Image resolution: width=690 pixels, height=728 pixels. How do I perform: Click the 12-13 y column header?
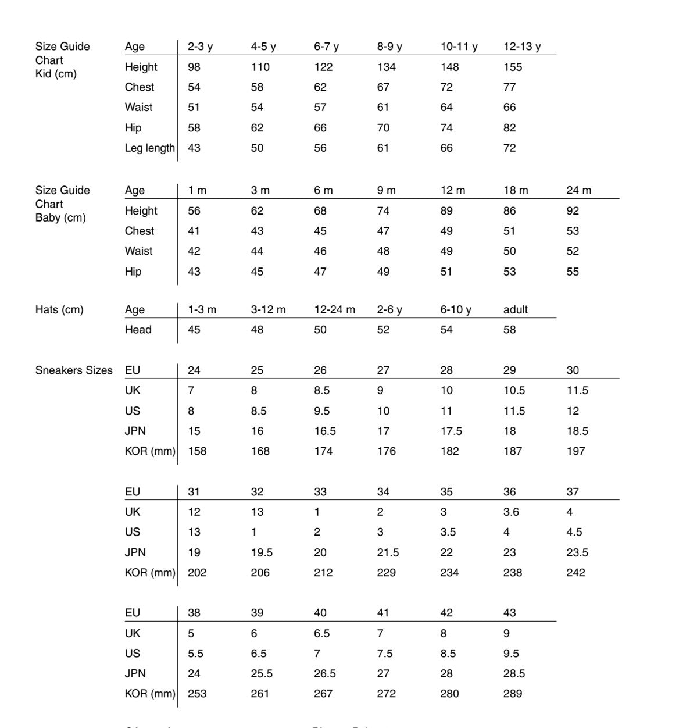click(x=521, y=47)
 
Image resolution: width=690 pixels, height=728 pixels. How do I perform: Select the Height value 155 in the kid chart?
click(x=512, y=67)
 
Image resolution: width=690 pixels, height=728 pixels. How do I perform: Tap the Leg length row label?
click(x=149, y=148)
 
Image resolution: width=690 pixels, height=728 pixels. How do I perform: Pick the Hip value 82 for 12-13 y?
click(x=509, y=128)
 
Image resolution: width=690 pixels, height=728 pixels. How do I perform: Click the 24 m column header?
click(x=578, y=190)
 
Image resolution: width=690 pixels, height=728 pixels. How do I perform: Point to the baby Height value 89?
click(x=446, y=210)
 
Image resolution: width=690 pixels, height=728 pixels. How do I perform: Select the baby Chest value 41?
click(x=194, y=231)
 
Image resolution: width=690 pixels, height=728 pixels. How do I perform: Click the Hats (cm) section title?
click(x=59, y=309)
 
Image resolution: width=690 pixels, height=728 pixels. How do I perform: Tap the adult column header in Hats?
click(x=515, y=309)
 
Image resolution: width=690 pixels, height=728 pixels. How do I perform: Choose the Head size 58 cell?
click(x=509, y=330)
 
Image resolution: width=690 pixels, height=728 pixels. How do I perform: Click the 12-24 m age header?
click(x=334, y=309)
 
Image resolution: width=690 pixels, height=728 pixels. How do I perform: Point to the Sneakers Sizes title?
click(x=74, y=370)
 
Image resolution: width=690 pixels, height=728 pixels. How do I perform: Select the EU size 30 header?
click(x=573, y=370)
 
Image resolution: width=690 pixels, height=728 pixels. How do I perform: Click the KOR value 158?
click(x=197, y=451)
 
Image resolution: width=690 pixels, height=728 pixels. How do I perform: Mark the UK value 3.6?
click(x=512, y=512)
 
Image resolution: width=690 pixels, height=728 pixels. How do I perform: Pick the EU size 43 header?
click(x=509, y=613)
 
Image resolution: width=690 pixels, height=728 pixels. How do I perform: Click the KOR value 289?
click(x=512, y=694)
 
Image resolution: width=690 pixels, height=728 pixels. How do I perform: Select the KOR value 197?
click(x=575, y=451)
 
